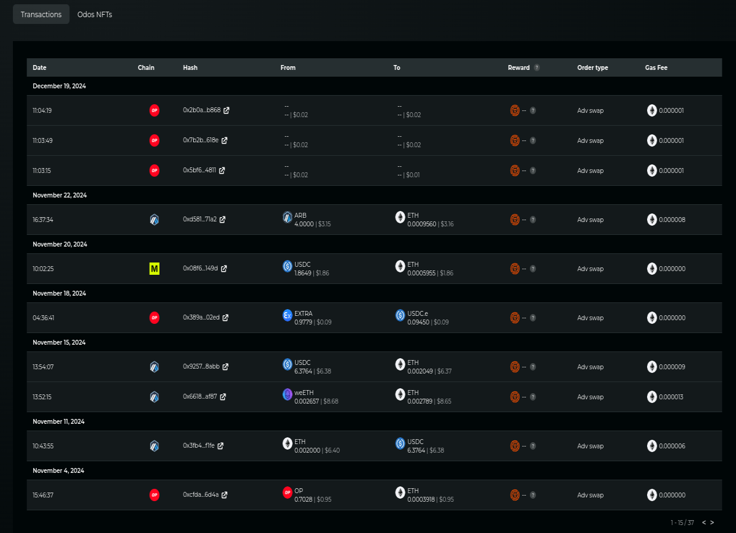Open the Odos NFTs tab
tap(94, 15)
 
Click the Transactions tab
tap(41, 15)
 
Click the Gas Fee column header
tap(656, 67)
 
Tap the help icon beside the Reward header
tap(537, 67)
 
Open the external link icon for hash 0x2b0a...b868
tap(226, 110)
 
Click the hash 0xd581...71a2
tap(200, 219)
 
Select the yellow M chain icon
tap(155, 269)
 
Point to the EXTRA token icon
tap(287, 315)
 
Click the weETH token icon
tap(287, 394)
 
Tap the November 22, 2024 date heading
tap(60, 195)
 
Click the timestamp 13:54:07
tap(43, 367)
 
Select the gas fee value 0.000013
tap(671, 397)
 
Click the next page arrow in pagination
tap(712, 523)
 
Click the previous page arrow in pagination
tap(704, 523)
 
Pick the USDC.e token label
tap(418, 313)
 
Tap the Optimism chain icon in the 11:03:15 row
tap(155, 171)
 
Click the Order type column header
tap(592, 67)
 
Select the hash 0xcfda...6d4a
tap(201, 494)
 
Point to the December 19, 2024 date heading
tap(59, 86)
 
